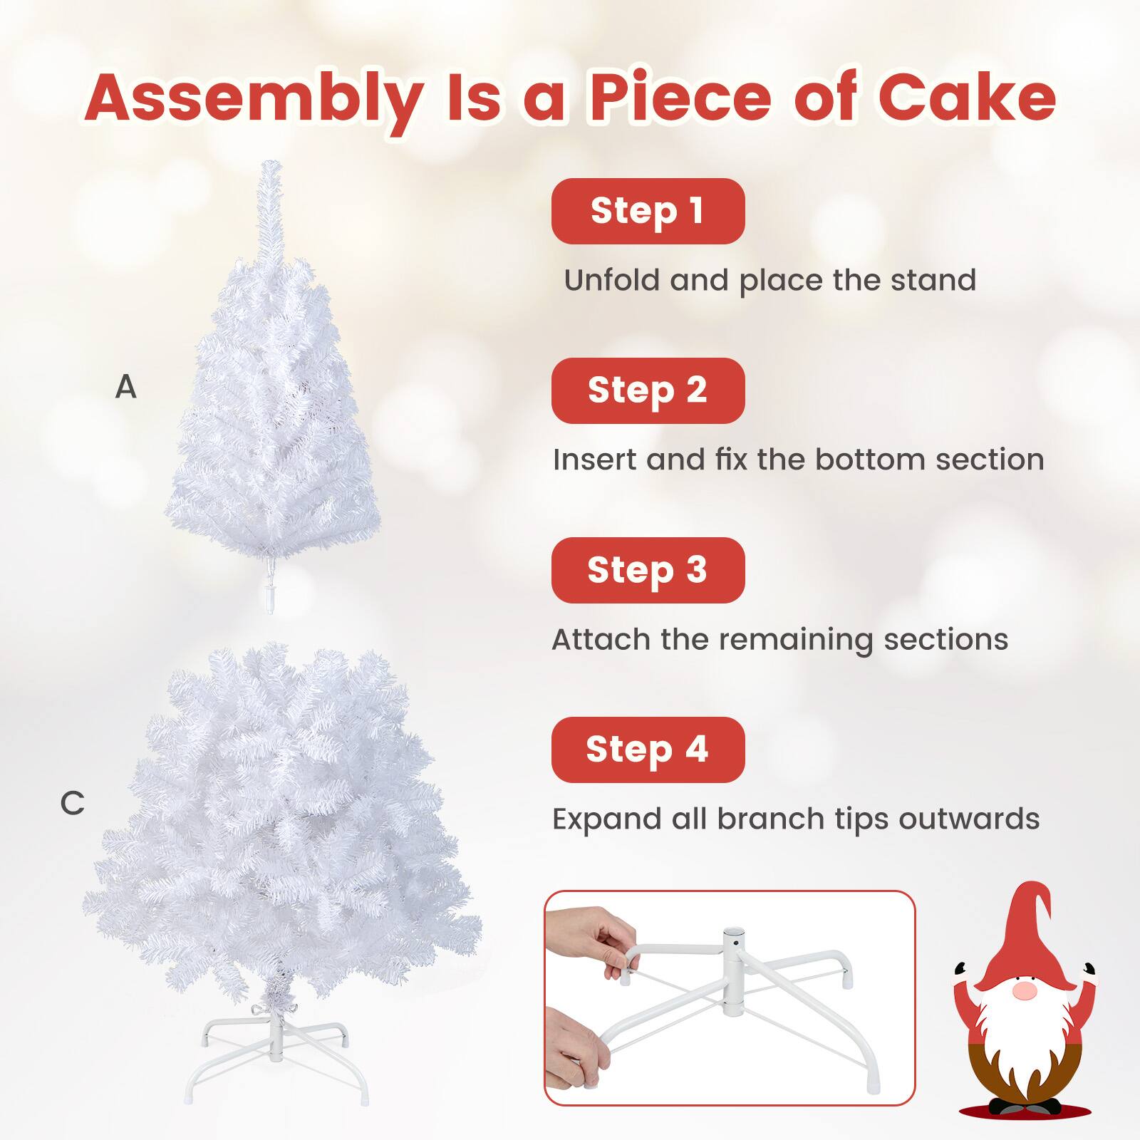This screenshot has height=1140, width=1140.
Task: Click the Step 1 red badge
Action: [648, 212]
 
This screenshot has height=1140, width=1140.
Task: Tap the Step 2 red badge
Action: [648, 390]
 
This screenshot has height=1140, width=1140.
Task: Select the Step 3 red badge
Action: [648, 570]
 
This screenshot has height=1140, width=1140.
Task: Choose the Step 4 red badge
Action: [648, 750]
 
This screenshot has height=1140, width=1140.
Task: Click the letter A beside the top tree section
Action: [125, 387]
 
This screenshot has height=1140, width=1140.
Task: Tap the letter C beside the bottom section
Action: [72, 804]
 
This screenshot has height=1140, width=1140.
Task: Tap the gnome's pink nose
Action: [1024, 991]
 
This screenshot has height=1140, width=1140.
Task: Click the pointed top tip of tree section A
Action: [270, 167]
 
